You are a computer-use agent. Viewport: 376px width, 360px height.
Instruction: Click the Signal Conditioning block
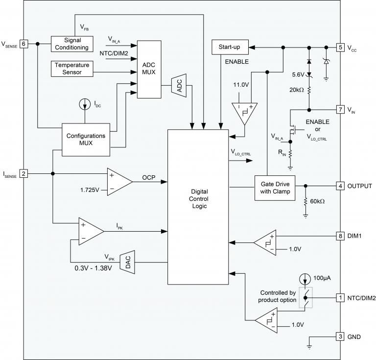tap(72, 44)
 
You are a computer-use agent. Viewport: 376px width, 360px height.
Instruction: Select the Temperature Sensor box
tap(72, 68)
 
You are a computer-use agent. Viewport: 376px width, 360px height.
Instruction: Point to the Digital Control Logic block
tap(198, 206)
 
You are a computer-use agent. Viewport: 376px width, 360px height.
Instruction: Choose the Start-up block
tap(229, 48)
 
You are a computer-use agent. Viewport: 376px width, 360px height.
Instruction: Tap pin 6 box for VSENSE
tap(23, 44)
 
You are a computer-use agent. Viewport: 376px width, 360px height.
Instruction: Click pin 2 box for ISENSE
tap(23, 173)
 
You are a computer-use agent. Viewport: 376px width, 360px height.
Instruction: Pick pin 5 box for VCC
tap(340, 48)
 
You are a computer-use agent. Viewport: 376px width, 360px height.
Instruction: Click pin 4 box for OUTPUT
tap(340, 186)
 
